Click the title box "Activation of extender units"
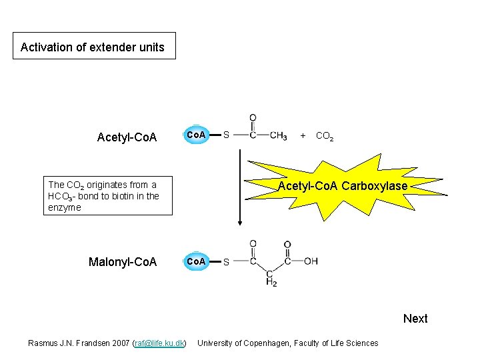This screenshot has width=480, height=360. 94,47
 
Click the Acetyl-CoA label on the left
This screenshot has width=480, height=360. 127,137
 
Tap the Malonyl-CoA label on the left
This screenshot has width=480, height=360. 123,262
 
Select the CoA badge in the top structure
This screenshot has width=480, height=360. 196,135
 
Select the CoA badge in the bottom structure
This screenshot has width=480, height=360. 196,261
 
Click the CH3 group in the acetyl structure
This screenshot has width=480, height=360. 279,136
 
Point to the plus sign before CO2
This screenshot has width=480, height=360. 303,135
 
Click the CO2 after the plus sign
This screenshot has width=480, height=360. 325,137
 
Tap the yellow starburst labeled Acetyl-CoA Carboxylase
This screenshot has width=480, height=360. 342,186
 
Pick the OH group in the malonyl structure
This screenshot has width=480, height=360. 311,261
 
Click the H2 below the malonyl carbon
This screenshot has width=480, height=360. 271,283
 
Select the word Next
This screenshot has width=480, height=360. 415,319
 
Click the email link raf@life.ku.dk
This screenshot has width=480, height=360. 159,343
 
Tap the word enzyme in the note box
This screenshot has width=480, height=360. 65,207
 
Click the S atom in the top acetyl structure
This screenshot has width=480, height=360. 226,135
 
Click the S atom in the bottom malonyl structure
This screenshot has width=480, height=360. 226,262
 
